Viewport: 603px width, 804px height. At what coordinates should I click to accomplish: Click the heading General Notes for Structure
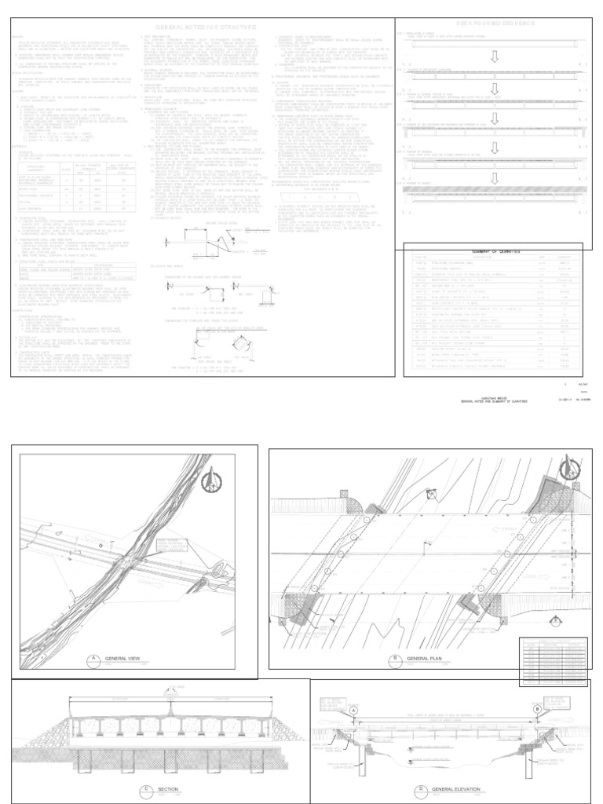coord(202,27)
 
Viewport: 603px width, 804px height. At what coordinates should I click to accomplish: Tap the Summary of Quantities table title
coord(492,250)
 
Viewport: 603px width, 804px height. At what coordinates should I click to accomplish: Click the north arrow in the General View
coord(213,481)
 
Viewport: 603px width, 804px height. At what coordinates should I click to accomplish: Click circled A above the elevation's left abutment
coord(353,709)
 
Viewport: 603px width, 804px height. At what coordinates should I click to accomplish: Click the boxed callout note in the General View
coord(168,546)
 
